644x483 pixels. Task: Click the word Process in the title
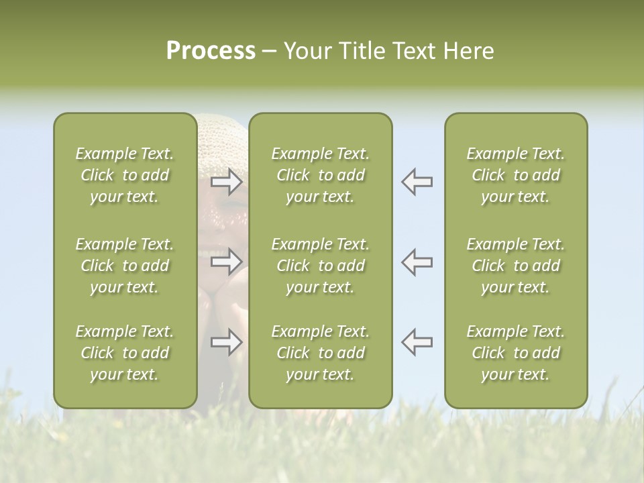211,51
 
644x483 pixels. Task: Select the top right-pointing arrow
226,182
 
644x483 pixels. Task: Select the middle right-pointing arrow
226,262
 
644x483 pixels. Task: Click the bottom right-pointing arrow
226,341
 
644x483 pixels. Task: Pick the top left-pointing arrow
417,182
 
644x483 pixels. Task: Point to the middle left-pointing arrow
417,262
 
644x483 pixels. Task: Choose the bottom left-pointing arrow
417,341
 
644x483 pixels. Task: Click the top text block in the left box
125,175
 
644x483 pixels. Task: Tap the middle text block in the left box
125,266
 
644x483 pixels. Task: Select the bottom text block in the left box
125,353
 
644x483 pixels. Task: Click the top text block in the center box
320,175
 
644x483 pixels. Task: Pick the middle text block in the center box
320,266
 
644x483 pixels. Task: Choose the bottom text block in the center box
320,353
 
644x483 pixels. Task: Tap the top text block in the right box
515,175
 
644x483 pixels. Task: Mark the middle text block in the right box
515,266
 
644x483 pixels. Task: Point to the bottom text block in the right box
515,353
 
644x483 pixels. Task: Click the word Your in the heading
309,51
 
